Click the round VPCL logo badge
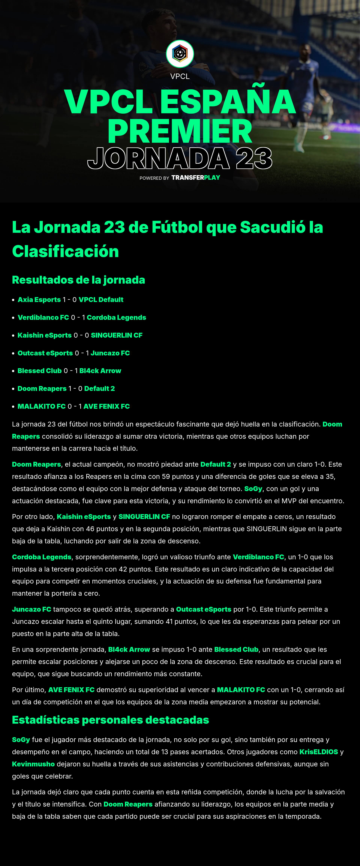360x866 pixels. (180, 54)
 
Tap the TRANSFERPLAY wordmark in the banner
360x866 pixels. (196, 177)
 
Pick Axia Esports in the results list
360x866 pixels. (39, 300)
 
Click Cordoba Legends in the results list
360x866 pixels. (116, 317)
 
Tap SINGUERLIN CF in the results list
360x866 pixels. (117, 335)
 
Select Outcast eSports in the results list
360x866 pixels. (45, 353)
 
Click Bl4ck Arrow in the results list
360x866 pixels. (100, 371)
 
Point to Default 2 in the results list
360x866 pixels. (100, 389)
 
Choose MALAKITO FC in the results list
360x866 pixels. (41, 406)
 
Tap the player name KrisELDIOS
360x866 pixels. (319, 752)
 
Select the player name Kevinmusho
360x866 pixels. (33, 764)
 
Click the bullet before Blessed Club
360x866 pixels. (13, 371)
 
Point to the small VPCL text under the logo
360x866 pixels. (180, 76)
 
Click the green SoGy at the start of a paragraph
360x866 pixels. (21, 740)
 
